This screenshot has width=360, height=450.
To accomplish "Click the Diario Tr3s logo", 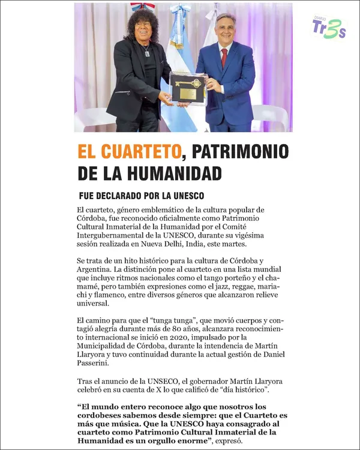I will (329, 28).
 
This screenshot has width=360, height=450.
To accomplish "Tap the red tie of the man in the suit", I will (224, 58).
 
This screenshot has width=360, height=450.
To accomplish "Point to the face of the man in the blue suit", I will (225, 32).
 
